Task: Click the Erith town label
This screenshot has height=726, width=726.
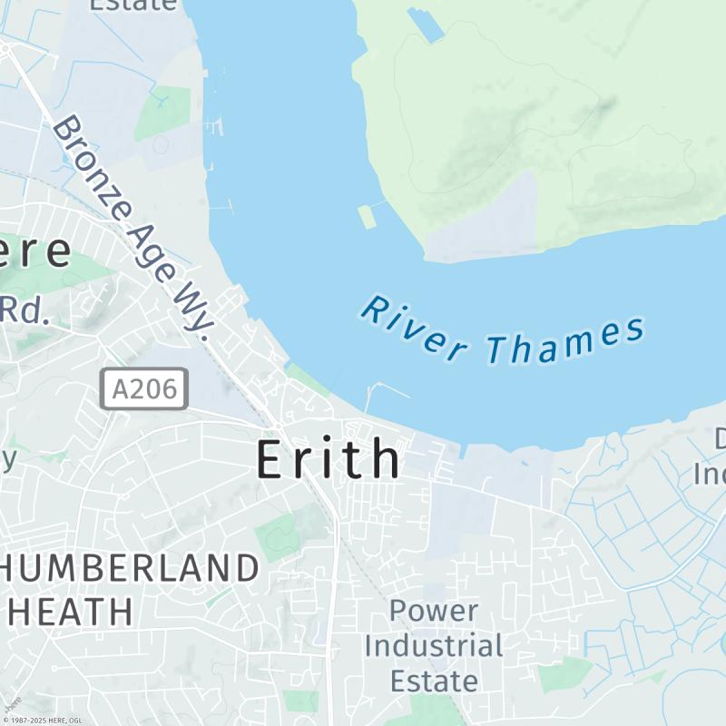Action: click(x=328, y=459)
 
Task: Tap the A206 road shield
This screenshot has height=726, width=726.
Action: click(x=144, y=388)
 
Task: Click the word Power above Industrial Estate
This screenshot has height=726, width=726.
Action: click(x=433, y=611)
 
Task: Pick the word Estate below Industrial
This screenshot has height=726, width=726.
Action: click(x=433, y=681)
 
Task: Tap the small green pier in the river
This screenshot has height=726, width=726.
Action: click(x=367, y=217)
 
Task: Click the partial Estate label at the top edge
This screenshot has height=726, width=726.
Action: click(x=132, y=5)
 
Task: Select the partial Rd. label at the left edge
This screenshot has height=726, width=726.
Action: click(x=24, y=310)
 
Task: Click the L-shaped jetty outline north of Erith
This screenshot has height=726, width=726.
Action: click(x=385, y=390)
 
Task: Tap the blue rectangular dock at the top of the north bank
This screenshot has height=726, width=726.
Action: click(x=425, y=24)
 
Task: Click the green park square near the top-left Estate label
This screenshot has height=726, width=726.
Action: click(x=163, y=113)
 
